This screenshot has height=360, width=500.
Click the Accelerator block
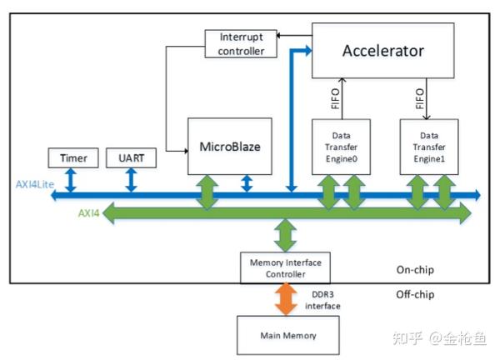(x=382, y=52)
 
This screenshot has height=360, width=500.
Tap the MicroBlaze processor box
(x=230, y=147)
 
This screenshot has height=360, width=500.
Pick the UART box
(x=131, y=157)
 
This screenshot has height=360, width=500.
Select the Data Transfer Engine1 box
(x=429, y=147)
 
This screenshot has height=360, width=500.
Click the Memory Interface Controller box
(x=285, y=267)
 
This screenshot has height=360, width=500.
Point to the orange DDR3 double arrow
(x=285, y=298)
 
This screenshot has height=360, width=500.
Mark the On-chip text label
(x=414, y=271)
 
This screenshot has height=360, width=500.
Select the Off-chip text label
(x=414, y=294)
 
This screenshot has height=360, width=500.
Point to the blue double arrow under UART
(x=131, y=179)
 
